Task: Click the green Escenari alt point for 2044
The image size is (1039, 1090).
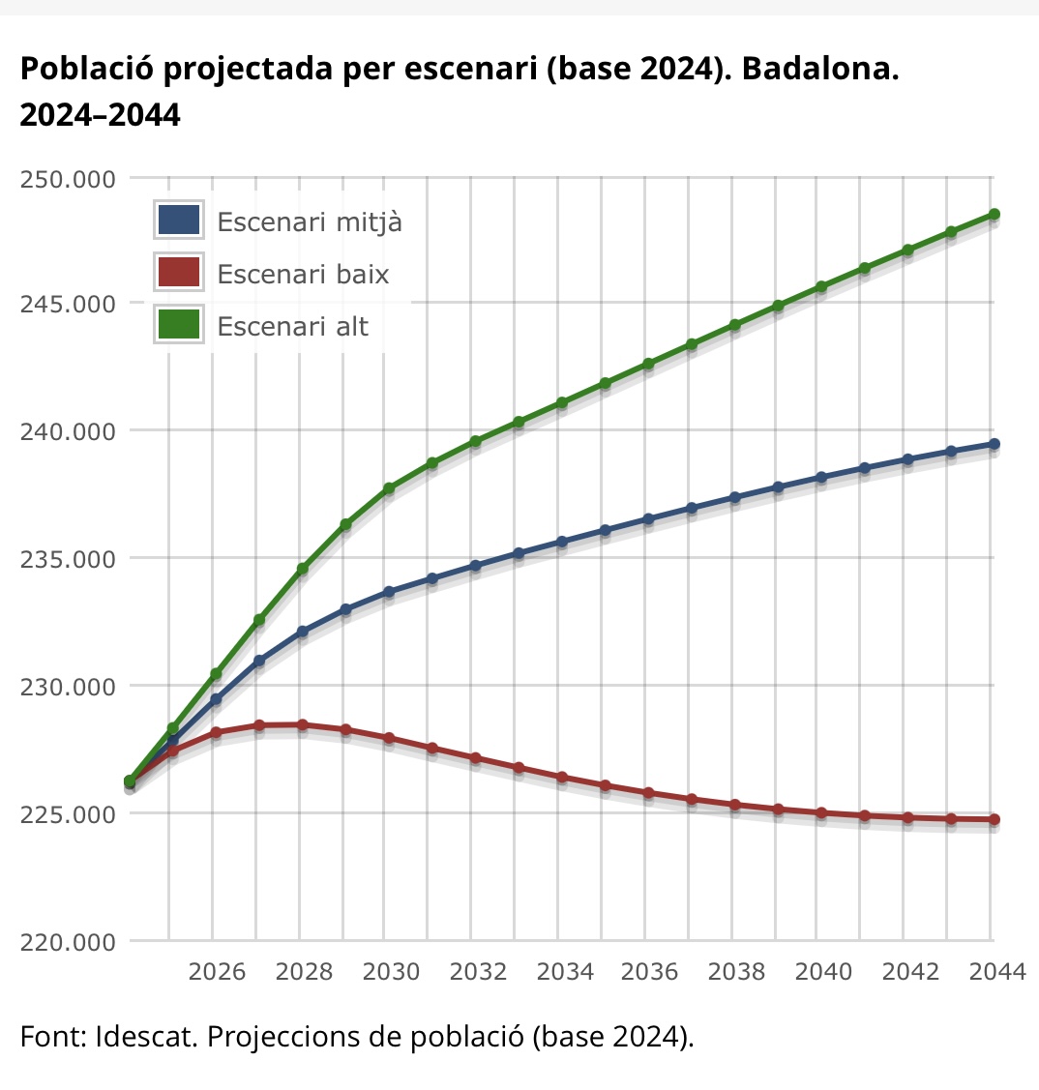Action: coord(994,215)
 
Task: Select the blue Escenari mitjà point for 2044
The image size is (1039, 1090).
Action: coord(994,444)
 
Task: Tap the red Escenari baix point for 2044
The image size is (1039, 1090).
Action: coord(994,819)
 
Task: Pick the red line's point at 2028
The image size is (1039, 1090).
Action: coord(302,724)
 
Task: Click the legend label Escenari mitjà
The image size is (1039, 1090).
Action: coord(310,221)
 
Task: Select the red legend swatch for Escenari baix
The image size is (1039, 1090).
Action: coord(178,274)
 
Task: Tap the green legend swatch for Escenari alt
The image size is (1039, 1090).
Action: coord(178,326)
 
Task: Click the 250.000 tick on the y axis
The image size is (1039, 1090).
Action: coord(67,179)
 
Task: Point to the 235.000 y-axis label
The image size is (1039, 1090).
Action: coord(67,559)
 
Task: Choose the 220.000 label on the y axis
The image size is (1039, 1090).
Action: coord(67,941)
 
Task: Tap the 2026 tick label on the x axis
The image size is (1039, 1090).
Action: coord(217,971)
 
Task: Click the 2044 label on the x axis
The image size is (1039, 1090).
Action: coord(995,971)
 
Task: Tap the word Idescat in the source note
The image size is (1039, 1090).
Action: coord(146,1037)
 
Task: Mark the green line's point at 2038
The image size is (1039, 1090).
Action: coord(735,325)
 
